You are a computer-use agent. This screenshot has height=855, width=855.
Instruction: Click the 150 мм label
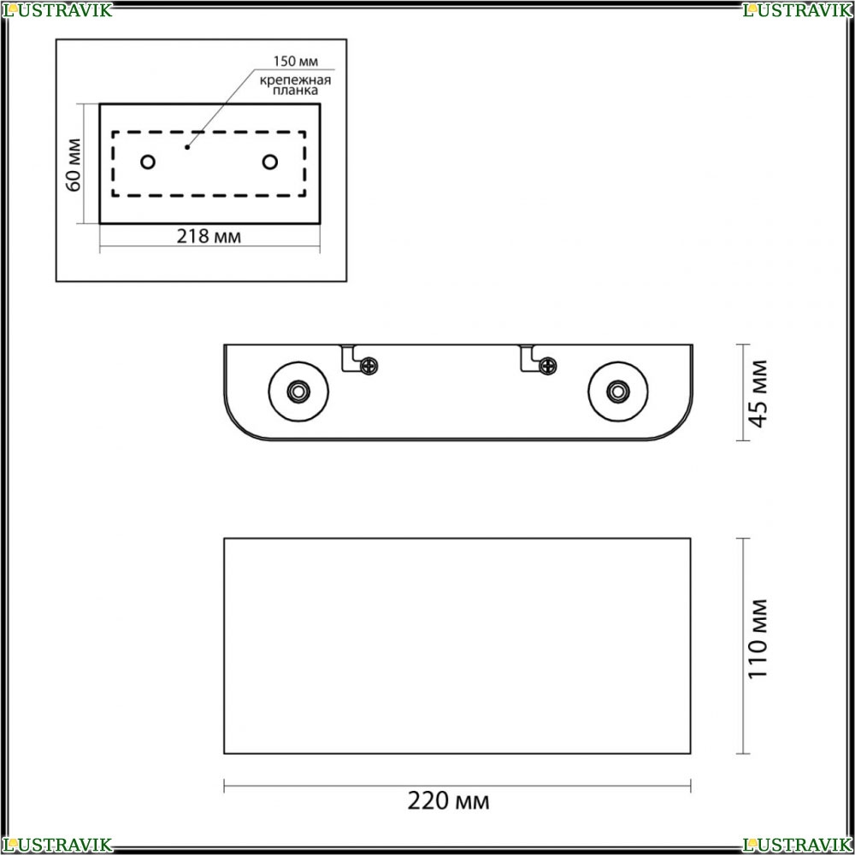[x=295, y=61]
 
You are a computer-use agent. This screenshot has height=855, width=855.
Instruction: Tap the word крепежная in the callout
[x=295, y=80]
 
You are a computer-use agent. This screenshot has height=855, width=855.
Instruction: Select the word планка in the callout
[x=295, y=91]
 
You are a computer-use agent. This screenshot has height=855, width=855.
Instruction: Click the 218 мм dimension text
[x=209, y=236]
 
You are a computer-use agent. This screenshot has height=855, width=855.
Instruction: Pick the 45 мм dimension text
[x=758, y=393]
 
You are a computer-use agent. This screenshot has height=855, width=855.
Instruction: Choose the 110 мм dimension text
[x=758, y=639]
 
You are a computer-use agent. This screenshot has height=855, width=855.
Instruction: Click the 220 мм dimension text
[x=448, y=801]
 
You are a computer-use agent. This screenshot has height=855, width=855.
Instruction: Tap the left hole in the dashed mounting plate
[x=148, y=162]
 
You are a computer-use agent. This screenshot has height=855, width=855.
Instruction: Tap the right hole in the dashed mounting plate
[x=270, y=162]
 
